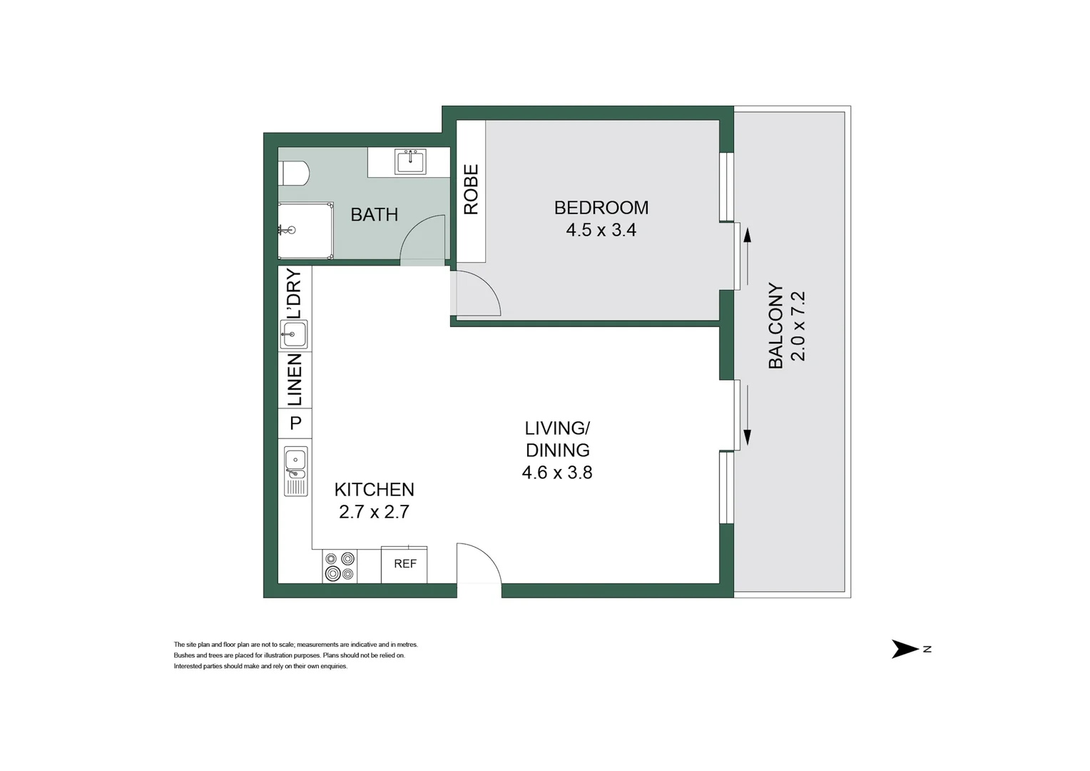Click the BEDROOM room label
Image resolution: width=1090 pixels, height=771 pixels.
601,208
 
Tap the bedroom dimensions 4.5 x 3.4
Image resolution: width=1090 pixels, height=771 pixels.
601,230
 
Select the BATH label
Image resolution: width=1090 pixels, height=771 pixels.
374,214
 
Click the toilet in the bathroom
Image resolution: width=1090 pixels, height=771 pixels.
295,173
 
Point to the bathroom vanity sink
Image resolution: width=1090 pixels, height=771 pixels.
410,162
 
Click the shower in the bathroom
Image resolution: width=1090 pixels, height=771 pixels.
305,230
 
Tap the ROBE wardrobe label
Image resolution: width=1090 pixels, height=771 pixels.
471,190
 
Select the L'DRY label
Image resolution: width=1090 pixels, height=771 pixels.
294,293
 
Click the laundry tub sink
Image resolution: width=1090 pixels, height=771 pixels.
294,333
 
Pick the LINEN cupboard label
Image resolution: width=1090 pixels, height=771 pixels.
294,380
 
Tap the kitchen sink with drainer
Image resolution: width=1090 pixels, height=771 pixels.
295,471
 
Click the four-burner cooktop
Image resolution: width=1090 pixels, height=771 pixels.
340,566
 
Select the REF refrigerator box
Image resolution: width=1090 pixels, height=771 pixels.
404,564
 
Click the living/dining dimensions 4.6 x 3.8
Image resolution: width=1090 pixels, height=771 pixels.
557,473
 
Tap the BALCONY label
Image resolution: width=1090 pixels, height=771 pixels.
775,326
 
